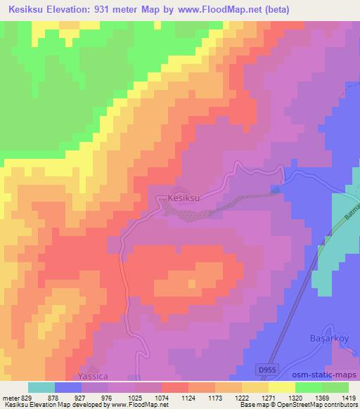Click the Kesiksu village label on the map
tap(186, 199)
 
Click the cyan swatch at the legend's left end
tap(41, 387)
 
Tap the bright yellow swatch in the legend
tap(282, 387)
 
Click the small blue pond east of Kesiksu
tap(275, 189)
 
